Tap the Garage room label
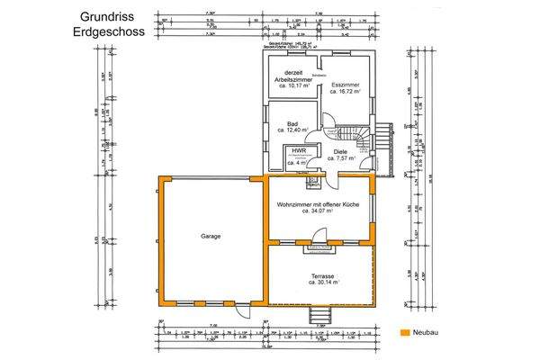[211, 236]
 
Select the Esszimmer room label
[345, 85]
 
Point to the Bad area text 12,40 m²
[292, 130]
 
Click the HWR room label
[298, 151]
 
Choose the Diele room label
[339, 151]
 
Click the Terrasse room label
[323, 275]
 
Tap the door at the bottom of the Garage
[241, 310]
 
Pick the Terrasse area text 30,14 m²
[323, 283]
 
